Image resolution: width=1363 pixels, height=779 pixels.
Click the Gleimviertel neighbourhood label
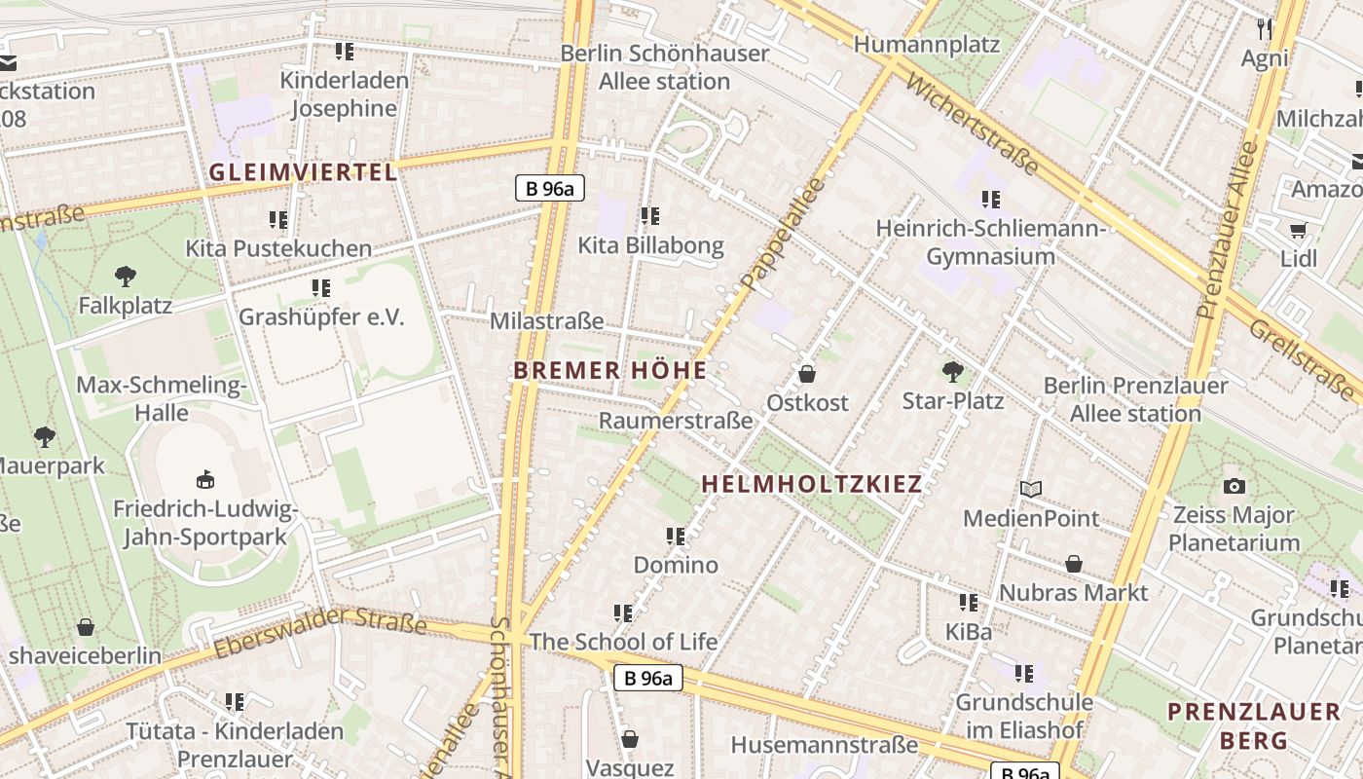pyautogui.click(x=304, y=173)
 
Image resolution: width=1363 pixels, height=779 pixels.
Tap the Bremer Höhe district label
pyautogui.click(x=609, y=371)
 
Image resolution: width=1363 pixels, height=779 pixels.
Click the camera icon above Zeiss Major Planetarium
pyautogui.click(x=1234, y=486)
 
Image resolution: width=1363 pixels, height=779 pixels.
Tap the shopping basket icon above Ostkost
pyautogui.click(x=806, y=374)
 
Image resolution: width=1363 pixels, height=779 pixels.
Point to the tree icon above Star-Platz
pyautogui.click(x=952, y=371)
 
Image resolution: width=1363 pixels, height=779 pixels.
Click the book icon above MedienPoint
pyautogui.click(x=1031, y=489)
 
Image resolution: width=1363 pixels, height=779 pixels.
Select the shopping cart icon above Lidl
pyautogui.click(x=1298, y=230)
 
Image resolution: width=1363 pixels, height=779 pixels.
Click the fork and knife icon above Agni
pyautogui.click(x=1265, y=28)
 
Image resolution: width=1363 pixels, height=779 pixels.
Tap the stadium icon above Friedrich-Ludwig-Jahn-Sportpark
pyautogui.click(x=205, y=479)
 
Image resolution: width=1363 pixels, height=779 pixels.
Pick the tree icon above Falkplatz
pyautogui.click(x=125, y=277)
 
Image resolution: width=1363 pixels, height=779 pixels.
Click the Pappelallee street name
pyautogui.click(x=782, y=235)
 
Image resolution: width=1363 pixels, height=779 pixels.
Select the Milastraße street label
pyautogui.click(x=546, y=321)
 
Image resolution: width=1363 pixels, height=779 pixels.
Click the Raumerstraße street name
pyautogui.click(x=676, y=421)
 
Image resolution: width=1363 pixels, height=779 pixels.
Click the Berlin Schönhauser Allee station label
pyautogui.click(x=665, y=67)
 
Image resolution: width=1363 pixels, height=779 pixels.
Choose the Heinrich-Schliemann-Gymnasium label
pyautogui.click(x=991, y=242)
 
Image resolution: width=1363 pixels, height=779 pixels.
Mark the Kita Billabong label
pyautogui.click(x=651, y=245)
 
